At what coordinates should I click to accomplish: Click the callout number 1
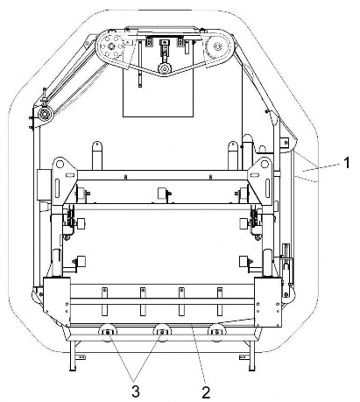tap(346, 163)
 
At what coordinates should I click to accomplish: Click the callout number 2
tap(206, 392)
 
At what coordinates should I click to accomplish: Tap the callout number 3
tap(136, 391)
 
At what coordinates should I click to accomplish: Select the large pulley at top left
tap(111, 46)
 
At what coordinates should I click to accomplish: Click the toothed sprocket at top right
tap(217, 46)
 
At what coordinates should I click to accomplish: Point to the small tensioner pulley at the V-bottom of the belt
tap(165, 69)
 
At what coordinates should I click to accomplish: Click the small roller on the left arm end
tap(46, 114)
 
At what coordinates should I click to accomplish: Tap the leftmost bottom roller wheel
tap(108, 332)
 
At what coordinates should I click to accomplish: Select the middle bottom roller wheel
tap(162, 332)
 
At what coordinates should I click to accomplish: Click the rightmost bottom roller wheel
tap(216, 332)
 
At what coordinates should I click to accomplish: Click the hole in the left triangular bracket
tap(60, 165)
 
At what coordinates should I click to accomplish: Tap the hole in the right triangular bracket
tap(265, 164)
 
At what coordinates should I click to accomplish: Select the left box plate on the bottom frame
tap(57, 302)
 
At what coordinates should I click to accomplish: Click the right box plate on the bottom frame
tap(268, 302)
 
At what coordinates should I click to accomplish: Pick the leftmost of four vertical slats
tap(104, 301)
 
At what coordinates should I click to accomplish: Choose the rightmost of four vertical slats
tap(220, 301)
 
